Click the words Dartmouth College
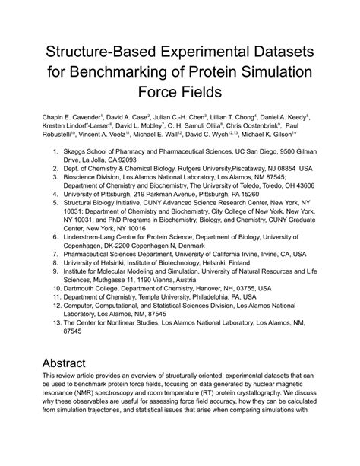98,332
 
